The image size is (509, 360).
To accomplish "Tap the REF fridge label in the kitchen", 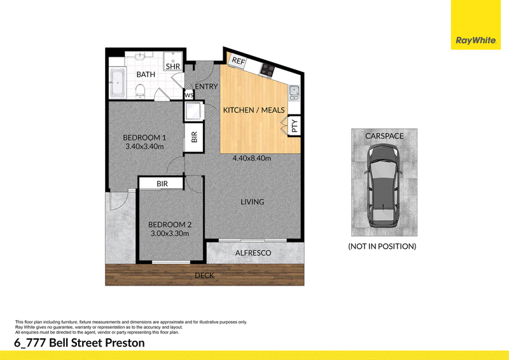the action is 238,60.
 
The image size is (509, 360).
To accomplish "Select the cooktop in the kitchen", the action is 267,69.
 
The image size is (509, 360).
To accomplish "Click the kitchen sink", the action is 294,93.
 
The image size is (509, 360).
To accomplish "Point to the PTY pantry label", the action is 295,126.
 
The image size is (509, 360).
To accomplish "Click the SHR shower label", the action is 172,67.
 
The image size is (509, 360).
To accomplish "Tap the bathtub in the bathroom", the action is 117,82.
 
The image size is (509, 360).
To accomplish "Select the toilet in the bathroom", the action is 140,90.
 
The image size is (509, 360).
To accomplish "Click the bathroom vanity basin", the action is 139,57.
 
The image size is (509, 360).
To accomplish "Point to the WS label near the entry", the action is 188,95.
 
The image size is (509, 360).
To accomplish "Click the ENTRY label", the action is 206,87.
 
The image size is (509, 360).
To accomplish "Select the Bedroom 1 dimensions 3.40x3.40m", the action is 144,146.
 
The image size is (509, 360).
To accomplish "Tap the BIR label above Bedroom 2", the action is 162,184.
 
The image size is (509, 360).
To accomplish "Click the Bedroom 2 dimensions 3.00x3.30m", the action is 170,233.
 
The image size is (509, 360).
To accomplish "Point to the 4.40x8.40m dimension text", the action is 251,158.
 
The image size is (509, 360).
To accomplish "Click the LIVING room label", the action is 252,202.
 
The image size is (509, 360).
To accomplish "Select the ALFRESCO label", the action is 253,253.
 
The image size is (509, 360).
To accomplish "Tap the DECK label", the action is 204,275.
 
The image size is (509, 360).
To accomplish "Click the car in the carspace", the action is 383,186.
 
